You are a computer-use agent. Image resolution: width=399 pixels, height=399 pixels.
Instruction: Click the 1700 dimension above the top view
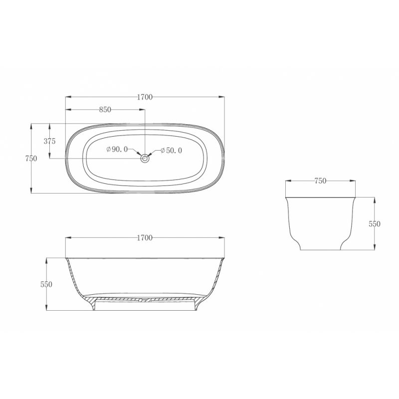(145, 97)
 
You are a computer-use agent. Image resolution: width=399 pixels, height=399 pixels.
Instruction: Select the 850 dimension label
(105, 109)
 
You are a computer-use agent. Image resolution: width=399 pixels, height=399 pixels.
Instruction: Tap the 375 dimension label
(49, 141)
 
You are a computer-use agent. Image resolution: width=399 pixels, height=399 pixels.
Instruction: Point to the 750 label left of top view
(31, 159)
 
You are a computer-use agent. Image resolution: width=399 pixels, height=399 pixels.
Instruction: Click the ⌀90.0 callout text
(117, 149)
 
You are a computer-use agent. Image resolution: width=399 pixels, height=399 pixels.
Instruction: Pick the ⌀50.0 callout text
(171, 151)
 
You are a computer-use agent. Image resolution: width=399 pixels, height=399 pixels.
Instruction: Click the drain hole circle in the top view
(145, 159)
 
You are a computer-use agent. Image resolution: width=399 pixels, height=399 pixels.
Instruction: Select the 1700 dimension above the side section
(145, 238)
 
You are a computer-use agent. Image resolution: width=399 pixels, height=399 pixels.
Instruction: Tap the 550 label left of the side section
(46, 284)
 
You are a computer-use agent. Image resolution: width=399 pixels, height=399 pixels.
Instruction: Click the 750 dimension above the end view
(320, 181)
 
